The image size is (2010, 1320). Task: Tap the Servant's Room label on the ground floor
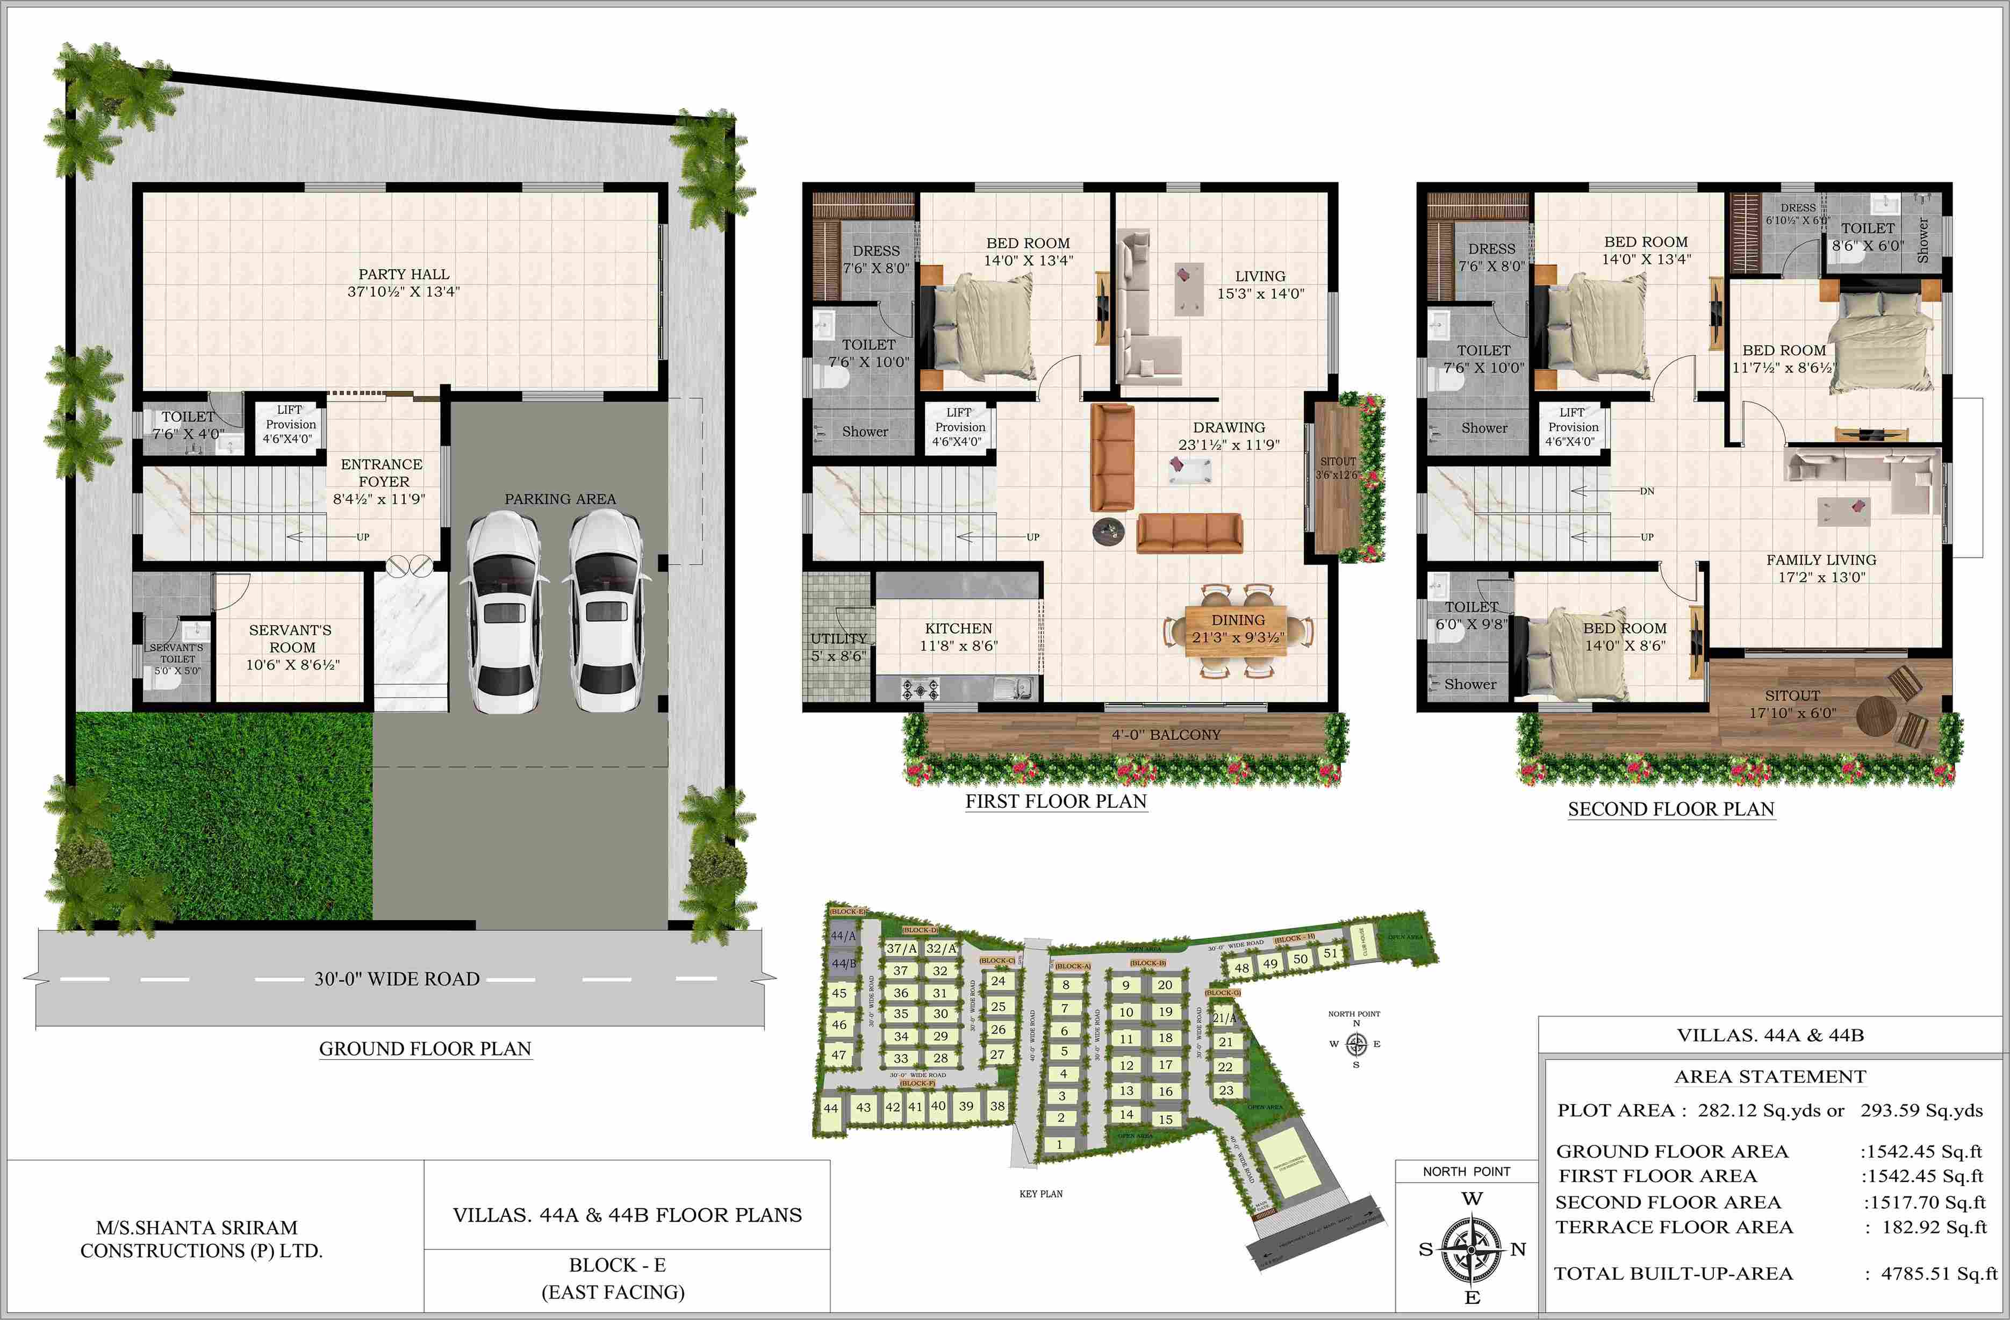(291, 639)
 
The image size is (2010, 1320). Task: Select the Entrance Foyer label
(382, 473)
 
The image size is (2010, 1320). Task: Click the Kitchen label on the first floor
(959, 628)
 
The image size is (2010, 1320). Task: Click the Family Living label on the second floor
(1821, 560)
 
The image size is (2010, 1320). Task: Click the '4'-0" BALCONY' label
(1166, 735)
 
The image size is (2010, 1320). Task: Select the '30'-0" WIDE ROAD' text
(397, 979)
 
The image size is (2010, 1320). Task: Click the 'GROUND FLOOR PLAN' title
(425, 1049)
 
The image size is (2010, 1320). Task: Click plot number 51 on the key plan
(1330, 953)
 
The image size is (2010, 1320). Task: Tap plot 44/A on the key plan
(843, 936)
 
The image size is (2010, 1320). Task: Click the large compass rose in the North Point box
(1471, 1247)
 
